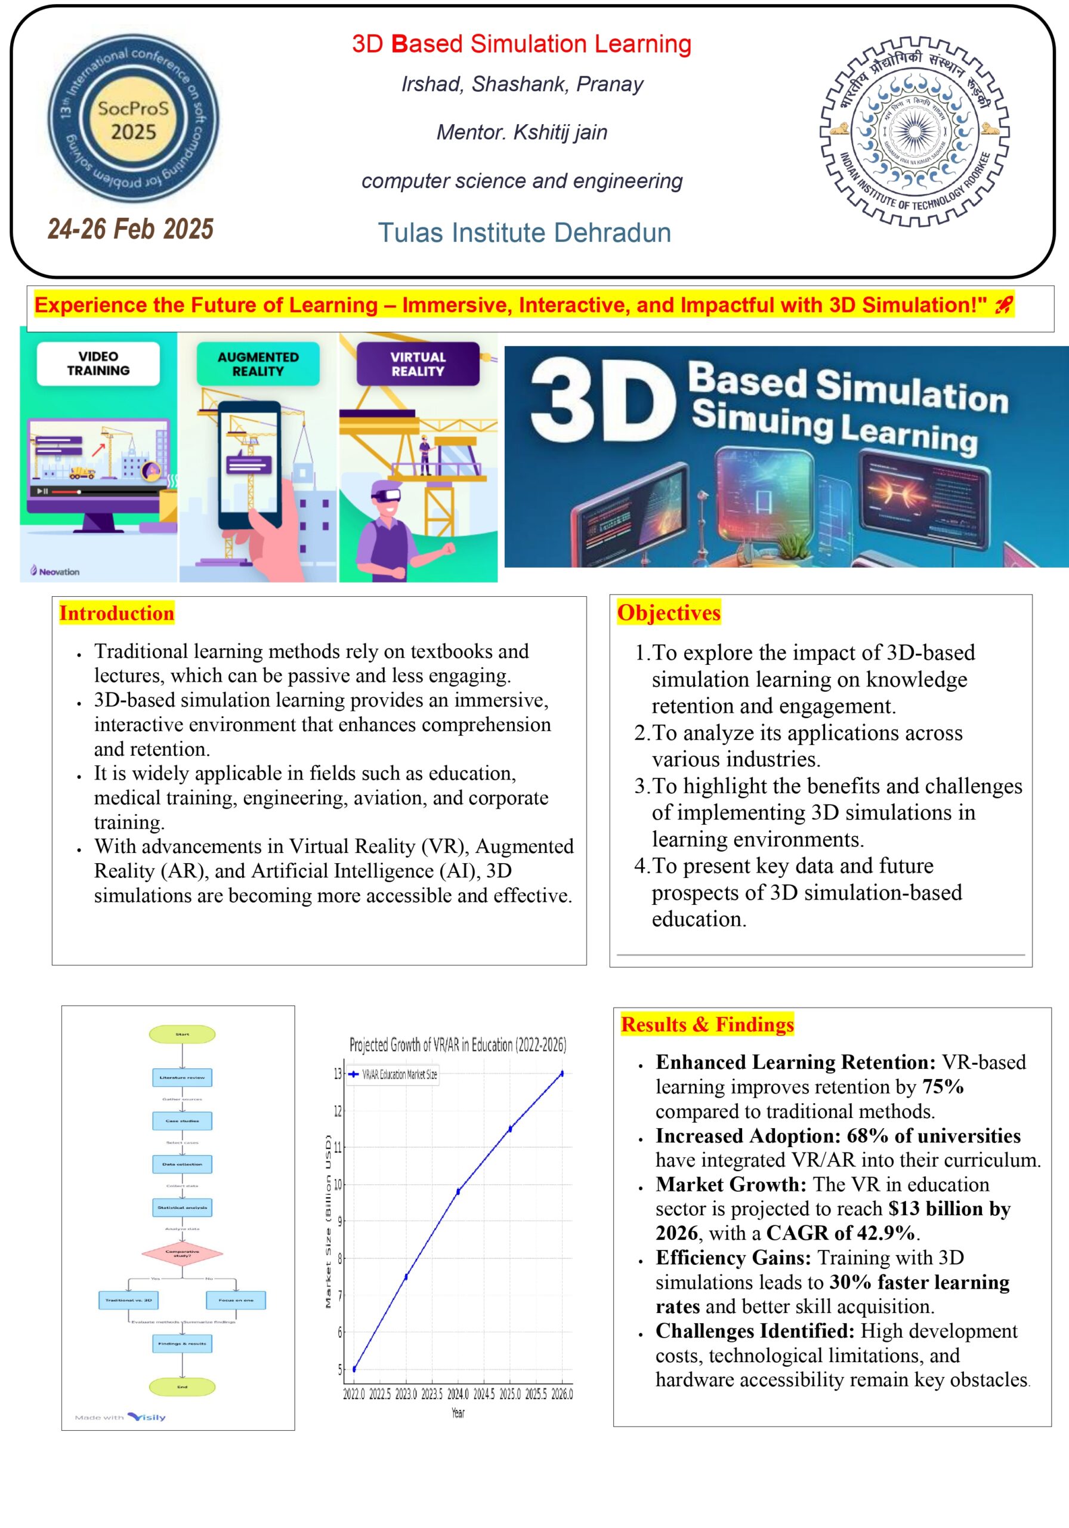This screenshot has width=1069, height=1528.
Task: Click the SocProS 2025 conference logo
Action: pos(133,118)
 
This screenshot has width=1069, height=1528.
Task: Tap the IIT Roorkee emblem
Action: pos(914,132)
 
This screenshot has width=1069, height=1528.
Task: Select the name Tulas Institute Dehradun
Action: pos(524,233)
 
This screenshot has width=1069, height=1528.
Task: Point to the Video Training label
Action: pos(98,363)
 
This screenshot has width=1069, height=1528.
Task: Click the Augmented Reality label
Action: pos(258,364)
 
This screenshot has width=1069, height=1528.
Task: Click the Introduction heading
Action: pos(116,613)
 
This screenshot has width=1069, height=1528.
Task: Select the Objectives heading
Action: pos(669,612)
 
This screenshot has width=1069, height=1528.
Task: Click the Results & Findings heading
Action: pos(707,1024)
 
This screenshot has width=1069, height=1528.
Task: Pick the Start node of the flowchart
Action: pos(183,1034)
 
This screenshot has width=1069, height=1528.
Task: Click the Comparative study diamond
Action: pos(183,1254)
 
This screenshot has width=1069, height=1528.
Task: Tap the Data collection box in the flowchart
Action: pos(183,1164)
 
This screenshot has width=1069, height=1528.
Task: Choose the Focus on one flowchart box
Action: pos(236,1300)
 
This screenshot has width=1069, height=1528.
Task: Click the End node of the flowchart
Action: pos(183,1387)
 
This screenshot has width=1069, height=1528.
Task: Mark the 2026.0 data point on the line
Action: pos(562,1073)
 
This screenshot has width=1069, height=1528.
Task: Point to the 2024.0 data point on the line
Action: pos(458,1192)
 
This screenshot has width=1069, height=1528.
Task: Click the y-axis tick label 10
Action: pos(337,1185)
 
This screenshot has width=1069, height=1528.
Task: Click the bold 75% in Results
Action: pos(943,1087)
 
